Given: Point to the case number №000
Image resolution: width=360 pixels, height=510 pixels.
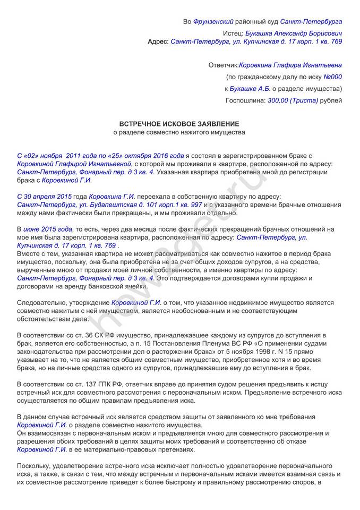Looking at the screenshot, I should [x=333, y=77].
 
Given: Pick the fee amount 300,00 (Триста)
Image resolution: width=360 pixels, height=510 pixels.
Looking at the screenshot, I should [x=293, y=100].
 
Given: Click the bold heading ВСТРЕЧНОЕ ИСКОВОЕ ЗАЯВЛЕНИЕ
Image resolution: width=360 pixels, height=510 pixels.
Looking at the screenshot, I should [x=178, y=123].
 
